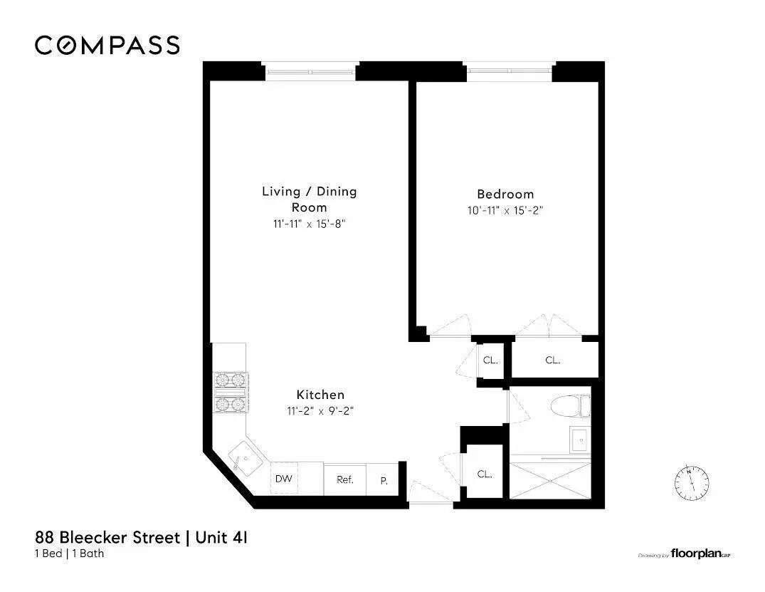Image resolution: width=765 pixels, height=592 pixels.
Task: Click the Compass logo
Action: [x=107, y=45]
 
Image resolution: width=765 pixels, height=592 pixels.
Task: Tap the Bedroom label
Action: [x=505, y=194]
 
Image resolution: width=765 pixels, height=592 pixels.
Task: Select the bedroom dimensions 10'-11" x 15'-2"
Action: [x=505, y=210]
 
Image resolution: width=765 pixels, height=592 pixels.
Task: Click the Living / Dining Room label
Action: [x=309, y=199]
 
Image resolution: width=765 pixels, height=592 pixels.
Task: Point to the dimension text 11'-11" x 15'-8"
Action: [x=309, y=223]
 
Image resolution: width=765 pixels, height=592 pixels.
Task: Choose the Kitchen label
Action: [x=320, y=394]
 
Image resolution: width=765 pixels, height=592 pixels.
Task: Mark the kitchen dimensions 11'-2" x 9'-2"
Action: [x=320, y=410]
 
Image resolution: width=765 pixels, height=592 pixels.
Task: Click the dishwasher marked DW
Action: [x=284, y=479]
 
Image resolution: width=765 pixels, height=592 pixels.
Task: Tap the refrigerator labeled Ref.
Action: [x=345, y=479]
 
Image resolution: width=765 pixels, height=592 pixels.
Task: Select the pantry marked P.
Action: [x=384, y=480]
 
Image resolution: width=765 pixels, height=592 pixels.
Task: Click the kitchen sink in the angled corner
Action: [x=243, y=458]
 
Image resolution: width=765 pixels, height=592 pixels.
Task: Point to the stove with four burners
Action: [x=230, y=393]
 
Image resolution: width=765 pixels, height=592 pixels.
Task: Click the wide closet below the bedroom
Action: [x=553, y=360]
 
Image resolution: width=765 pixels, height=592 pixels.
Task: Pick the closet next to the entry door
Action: [x=484, y=473]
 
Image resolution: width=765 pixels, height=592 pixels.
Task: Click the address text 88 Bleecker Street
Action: [x=107, y=536]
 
